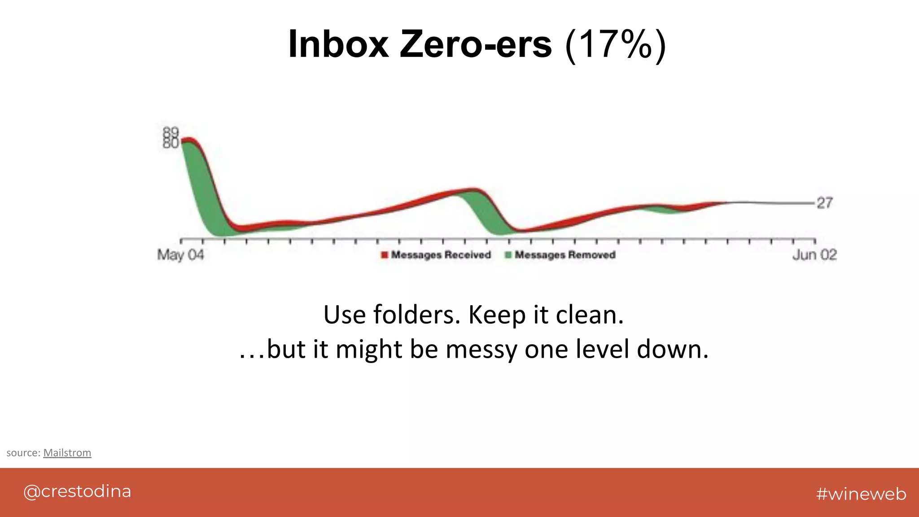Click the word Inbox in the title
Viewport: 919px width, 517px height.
[x=338, y=44]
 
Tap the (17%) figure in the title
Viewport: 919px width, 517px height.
[x=615, y=45]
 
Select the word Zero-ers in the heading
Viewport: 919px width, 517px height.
[x=476, y=44]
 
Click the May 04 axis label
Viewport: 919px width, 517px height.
[x=180, y=255]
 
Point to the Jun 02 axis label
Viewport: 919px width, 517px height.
[x=814, y=255]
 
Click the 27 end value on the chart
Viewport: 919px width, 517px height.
[x=825, y=203]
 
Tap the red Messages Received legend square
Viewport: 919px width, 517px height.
[x=384, y=255]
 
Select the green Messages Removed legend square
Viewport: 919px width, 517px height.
[x=508, y=255]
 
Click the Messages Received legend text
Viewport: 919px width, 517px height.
[x=441, y=255]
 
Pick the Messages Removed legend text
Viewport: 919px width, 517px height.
[x=565, y=255]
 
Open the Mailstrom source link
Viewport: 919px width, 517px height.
[x=67, y=452]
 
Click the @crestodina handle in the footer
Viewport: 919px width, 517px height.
[x=77, y=491]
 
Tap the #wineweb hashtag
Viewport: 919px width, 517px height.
[x=861, y=494]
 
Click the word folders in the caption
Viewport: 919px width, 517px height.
[x=417, y=315]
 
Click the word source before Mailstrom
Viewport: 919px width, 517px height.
[x=23, y=452]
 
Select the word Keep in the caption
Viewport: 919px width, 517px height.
[x=497, y=315]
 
